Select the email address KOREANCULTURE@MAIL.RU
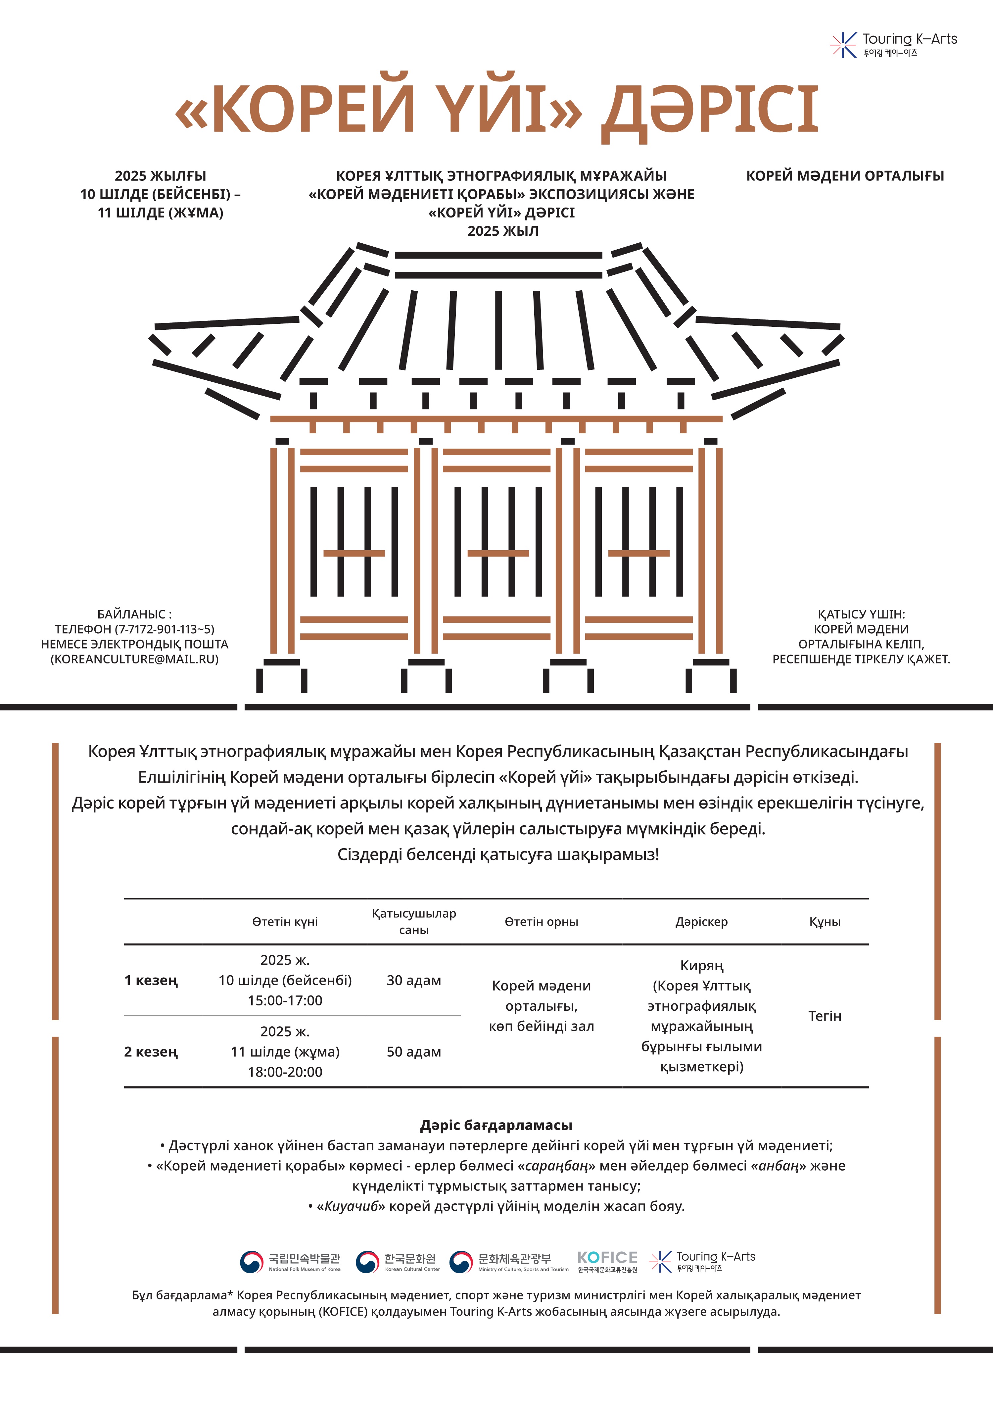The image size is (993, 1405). tap(135, 659)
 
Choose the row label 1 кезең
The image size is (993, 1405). tap(151, 980)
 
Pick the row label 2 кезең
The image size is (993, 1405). tap(151, 1052)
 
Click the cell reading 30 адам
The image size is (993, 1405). tap(414, 980)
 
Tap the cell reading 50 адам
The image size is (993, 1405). tap(414, 1052)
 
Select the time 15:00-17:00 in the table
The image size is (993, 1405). tap(285, 1000)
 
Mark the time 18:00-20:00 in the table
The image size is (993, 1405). tap(285, 1072)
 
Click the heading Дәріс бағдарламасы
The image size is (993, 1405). tap(496, 1125)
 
